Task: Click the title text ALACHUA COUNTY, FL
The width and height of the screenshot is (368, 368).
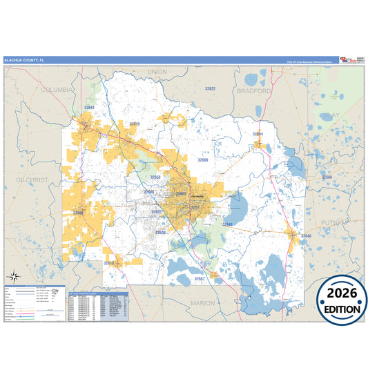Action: click(25, 60)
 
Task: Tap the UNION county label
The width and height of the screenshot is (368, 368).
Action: click(157, 71)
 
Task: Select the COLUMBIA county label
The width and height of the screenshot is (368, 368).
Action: click(57, 90)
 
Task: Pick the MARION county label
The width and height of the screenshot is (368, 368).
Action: click(203, 302)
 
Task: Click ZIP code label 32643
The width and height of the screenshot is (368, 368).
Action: click(89, 108)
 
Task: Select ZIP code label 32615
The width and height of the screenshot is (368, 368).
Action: click(135, 124)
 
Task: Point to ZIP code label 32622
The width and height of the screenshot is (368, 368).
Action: click(210, 88)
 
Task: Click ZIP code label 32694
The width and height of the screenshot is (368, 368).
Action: click(258, 133)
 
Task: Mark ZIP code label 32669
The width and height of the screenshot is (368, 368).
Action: click(78, 213)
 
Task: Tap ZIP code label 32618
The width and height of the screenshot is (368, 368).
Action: click(109, 263)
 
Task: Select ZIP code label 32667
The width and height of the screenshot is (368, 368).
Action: click(199, 278)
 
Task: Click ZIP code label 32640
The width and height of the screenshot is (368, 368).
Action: click(305, 237)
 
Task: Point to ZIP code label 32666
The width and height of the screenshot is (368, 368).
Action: click(327, 177)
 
